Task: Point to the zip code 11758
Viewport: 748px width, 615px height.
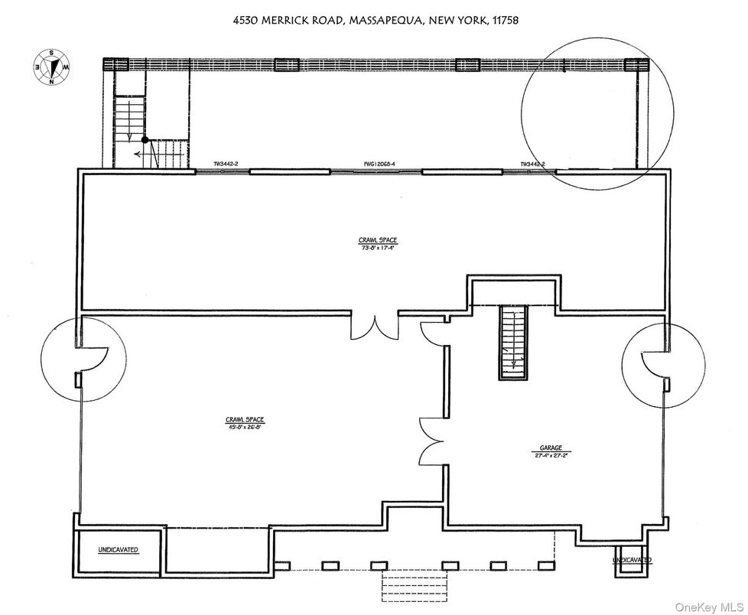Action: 502,21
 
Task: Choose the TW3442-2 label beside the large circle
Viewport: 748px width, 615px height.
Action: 532,164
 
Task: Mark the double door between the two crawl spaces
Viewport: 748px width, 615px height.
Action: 374,325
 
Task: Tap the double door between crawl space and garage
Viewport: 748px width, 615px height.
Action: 431,442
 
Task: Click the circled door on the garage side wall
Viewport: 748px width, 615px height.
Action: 654,365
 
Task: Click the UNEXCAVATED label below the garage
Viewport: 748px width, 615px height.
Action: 632,560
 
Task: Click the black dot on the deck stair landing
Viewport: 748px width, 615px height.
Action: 145,140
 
